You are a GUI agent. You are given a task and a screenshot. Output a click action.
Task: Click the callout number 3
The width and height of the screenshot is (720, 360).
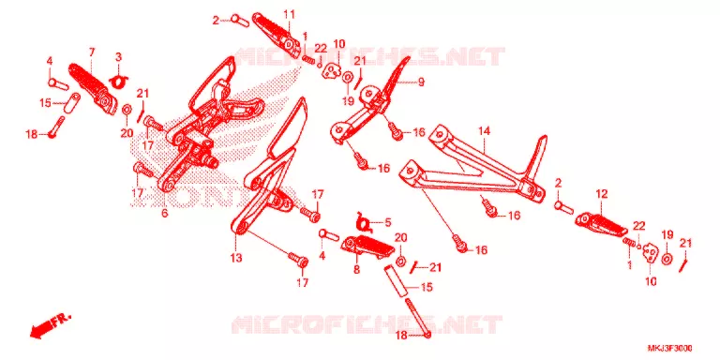pos(118,57)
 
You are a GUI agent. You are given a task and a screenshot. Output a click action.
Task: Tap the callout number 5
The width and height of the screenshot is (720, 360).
pos(388,223)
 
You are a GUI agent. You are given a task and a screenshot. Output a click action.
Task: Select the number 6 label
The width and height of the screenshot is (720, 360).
pos(164,213)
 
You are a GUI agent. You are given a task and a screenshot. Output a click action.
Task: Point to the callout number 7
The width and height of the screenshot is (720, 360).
pos(91,52)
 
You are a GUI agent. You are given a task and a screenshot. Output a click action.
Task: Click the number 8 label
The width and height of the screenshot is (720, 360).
pos(356,270)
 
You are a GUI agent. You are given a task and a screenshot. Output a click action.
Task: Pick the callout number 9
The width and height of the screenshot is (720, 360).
pos(421,82)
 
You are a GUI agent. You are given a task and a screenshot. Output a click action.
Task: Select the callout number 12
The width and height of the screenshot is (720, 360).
pos(602,194)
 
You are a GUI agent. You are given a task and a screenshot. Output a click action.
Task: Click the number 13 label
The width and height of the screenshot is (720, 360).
pos(235,259)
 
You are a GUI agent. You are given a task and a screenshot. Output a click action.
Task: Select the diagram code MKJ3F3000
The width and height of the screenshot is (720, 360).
pos(670,348)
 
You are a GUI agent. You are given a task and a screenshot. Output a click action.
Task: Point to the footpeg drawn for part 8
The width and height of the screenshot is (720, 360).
pos(367,245)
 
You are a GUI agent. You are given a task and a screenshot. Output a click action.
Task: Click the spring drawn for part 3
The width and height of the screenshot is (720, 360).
pos(118,81)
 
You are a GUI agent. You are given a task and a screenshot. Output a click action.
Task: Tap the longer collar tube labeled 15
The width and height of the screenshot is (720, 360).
pos(397,282)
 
